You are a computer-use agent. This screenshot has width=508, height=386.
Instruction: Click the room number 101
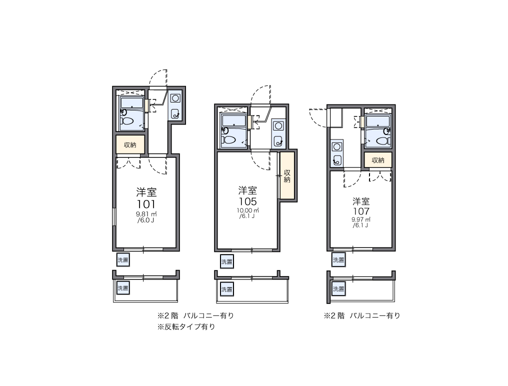click(146, 204)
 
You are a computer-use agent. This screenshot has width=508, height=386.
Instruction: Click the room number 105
click(247, 201)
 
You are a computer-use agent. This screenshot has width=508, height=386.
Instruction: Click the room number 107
click(360, 211)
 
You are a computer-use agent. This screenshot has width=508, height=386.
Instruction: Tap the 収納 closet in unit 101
click(130, 145)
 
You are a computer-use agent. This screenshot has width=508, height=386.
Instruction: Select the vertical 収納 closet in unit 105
click(287, 176)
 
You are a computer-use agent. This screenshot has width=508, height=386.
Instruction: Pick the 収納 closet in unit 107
click(378, 160)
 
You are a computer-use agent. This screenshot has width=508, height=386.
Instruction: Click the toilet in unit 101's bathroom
click(127, 121)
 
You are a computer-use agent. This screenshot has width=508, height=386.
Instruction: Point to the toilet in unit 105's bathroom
click(229, 140)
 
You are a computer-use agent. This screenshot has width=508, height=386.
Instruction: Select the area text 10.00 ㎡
click(247, 210)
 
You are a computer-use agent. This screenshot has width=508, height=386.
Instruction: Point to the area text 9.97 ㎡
click(360, 219)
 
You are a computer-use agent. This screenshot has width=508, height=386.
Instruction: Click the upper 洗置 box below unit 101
click(122, 259)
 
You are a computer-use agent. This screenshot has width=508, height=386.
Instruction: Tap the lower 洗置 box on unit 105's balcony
click(226, 289)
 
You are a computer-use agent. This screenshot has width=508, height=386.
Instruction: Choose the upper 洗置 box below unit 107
click(338, 259)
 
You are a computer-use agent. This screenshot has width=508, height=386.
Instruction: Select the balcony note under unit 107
click(362, 315)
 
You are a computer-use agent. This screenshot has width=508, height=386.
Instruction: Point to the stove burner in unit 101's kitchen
click(175, 98)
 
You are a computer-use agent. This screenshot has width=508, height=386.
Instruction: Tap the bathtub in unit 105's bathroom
click(233, 120)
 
